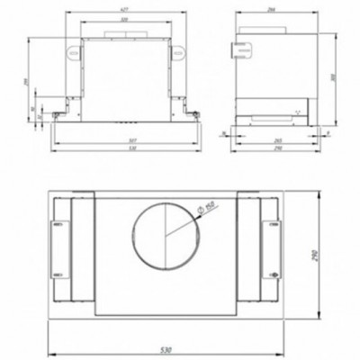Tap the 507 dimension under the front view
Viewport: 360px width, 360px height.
point(132,139)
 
